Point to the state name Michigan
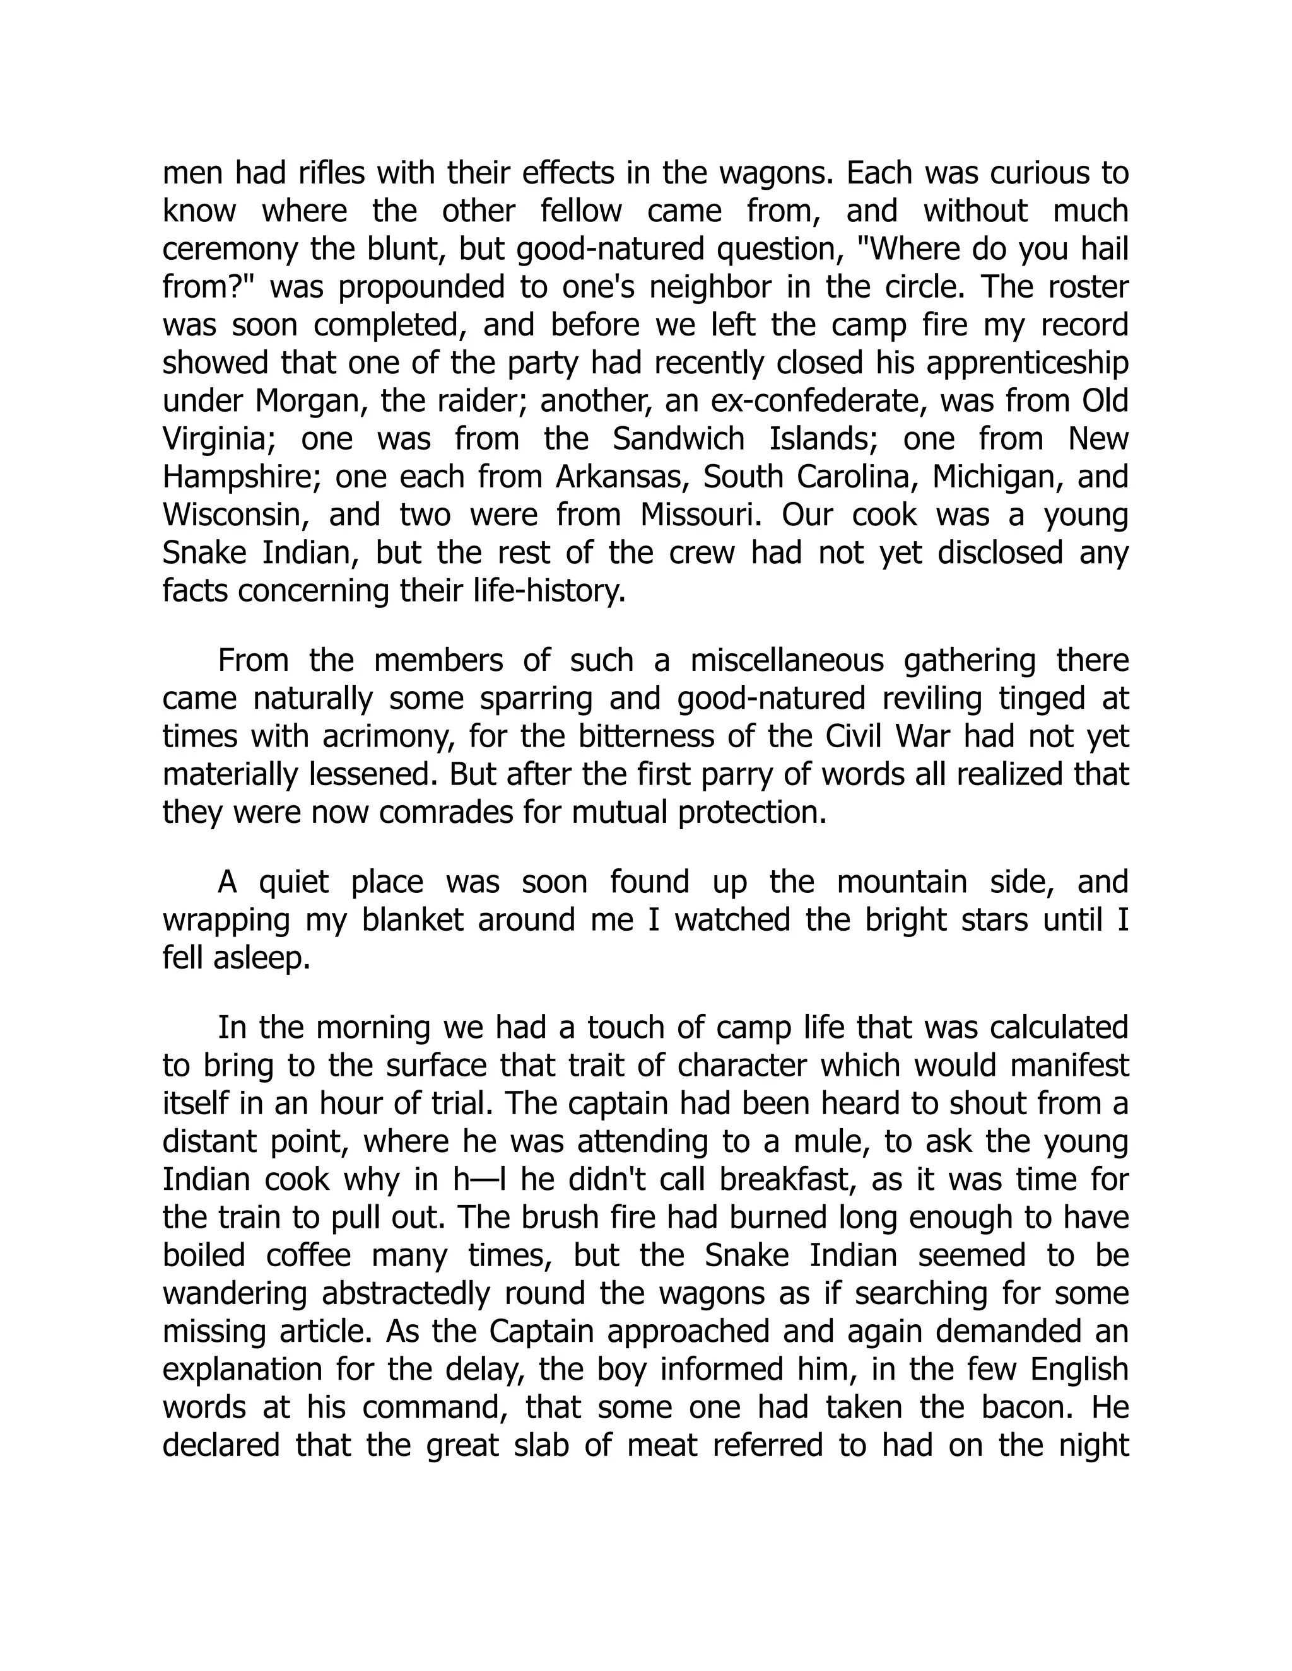click(995, 477)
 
